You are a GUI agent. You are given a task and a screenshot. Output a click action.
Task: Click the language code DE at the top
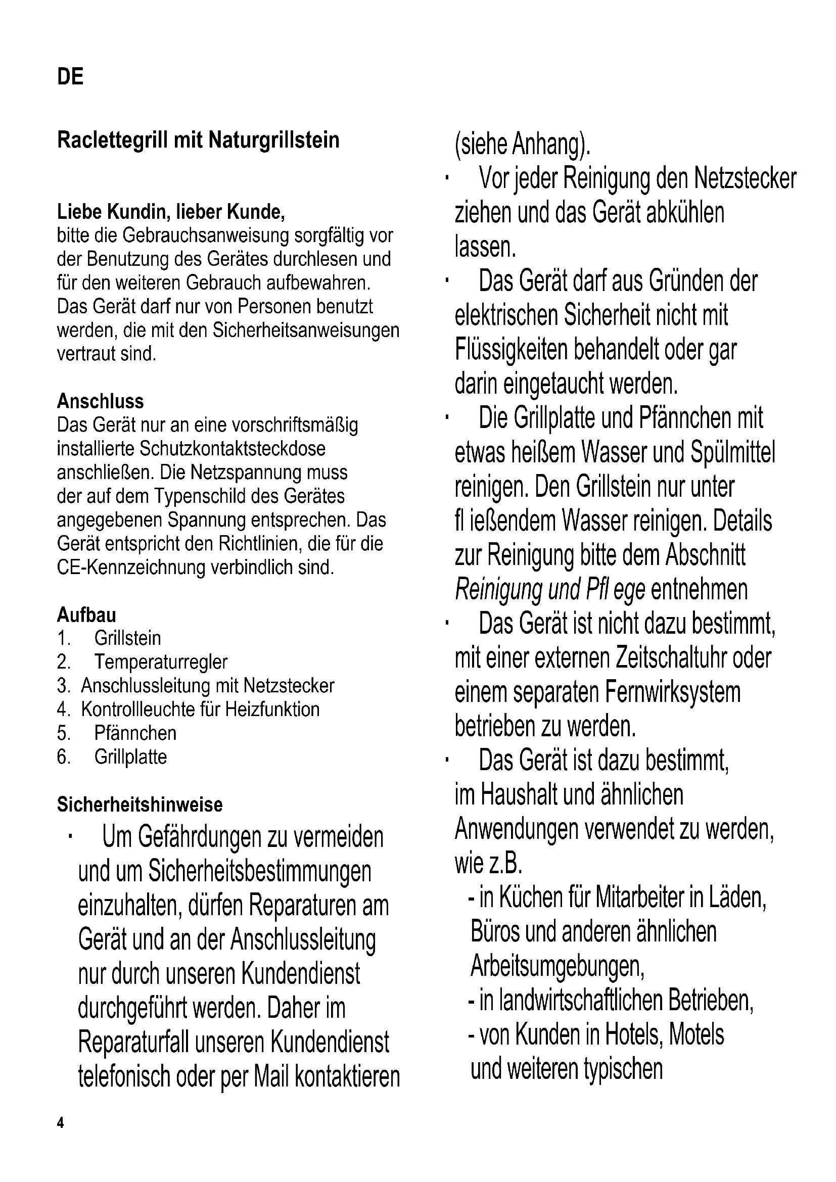click(x=70, y=77)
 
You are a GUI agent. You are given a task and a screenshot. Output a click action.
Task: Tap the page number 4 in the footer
click(x=60, y=1123)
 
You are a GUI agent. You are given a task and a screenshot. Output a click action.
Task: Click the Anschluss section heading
click(x=101, y=401)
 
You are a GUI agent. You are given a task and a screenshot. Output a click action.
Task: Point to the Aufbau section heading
click(x=86, y=614)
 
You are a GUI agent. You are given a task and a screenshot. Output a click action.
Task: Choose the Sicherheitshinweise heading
click(x=140, y=804)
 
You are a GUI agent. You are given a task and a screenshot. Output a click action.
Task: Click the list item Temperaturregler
click(x=161, y=662)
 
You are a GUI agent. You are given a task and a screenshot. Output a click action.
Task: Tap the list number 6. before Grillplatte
click(x=64, y=757)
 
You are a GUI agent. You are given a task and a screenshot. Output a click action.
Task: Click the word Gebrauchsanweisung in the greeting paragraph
click(x=206, y=235)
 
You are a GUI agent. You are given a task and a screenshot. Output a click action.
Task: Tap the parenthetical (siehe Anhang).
click(x=522, y=145)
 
